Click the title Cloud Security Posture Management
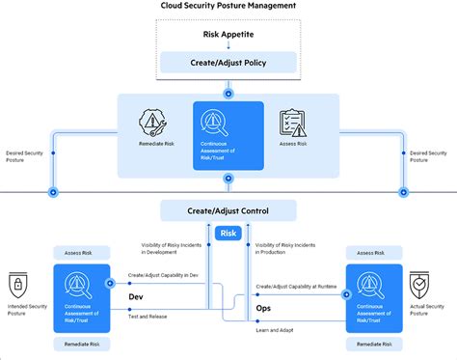(228, 7)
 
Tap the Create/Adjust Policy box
(228, 64)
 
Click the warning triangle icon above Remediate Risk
(155, 123)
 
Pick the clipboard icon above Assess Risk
(292, 123)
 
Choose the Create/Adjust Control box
(228, 210)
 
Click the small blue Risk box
(228, 233)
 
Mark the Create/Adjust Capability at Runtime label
(296, 286)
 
